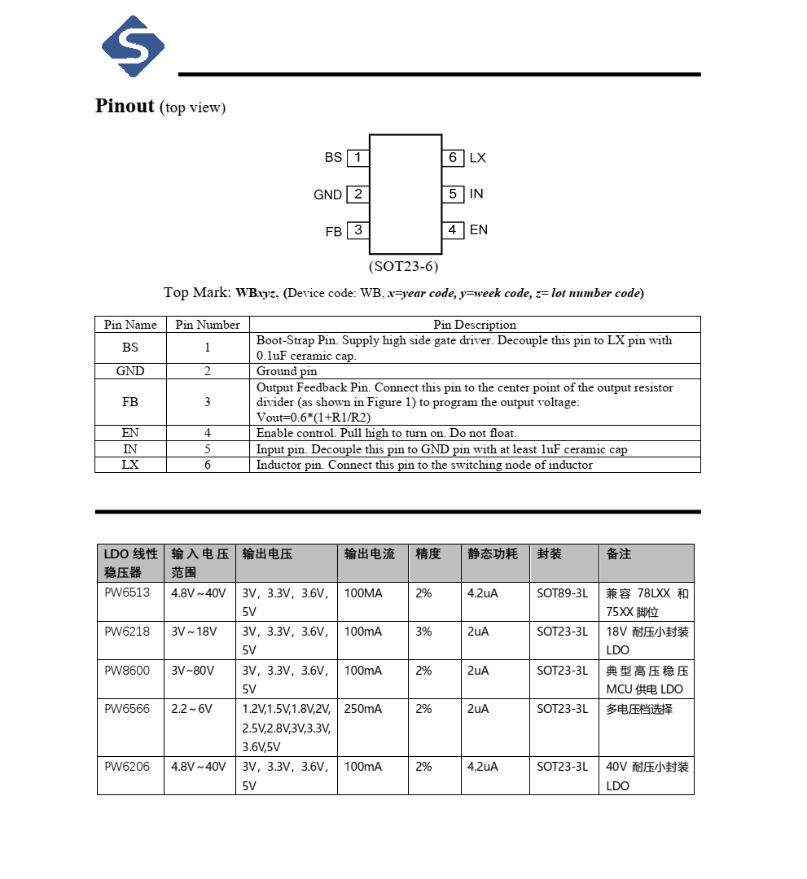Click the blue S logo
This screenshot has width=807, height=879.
(133, 46)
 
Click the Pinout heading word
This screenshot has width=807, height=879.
(125, 106)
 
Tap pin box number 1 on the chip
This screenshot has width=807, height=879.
(357, 157)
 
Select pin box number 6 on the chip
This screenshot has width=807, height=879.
(453, 157)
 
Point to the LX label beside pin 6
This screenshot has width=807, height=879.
(478, 158)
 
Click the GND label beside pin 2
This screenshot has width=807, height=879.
(327, 195)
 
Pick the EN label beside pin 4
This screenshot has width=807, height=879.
(479, 230)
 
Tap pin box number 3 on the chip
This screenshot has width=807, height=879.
(357, 230)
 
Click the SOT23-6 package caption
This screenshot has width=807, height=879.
(404, 266)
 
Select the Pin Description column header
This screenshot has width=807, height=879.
(475, 324)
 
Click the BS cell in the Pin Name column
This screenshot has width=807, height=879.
(130, 348)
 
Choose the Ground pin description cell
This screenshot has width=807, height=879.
(287, 371)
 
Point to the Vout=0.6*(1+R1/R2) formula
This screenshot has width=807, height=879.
(314, 417)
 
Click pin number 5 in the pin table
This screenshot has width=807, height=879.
(208, 449)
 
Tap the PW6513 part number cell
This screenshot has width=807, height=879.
(127, 593)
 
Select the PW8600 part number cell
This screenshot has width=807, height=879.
(127, 671)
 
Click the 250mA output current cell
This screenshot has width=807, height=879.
(363, 709)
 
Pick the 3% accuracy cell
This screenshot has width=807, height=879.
(423, 632)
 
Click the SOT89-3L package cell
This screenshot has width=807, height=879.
(562, 593)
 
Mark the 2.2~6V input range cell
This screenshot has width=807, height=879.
(191, 709)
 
